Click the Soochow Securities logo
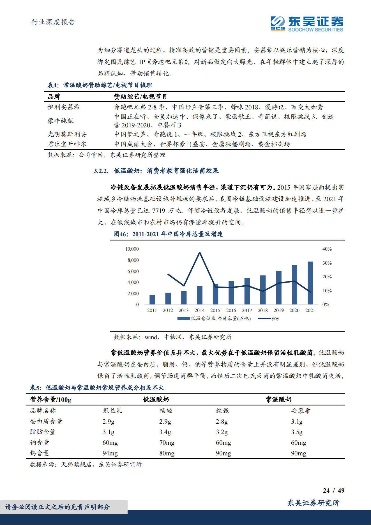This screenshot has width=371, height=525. pyautogui.click(x=307, y=24)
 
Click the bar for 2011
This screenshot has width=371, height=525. pyautogui.click(x=152, y=300)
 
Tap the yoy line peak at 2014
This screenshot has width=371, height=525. pyautogui.click(x=200, y=253)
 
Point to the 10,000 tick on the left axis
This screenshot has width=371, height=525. pyautogui.click(x=132, y=249)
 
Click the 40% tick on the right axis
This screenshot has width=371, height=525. pyautogui.click(x=327, y=249)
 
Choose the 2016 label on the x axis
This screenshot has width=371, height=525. pyautogui.click(x=231, y=310)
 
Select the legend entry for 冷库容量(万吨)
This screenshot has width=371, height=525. pyautogui.click(x=214, y=318)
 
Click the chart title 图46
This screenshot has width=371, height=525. pyautogui.click(x=169, y=234)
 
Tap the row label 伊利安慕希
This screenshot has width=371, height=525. pyautogui.click(x=64, y=107)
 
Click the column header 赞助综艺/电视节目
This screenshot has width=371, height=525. pyautogui.click(x=140, y=97)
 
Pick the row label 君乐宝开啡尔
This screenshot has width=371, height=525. pyautogui.click(x=67, y=144)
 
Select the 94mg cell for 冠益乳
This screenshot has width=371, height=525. pyautogui.click(x=110, y=453)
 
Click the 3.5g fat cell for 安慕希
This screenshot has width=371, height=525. pyautogui.click(x=297, y=432)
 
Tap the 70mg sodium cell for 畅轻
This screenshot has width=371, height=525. pyautogui.click(x=167, y=443)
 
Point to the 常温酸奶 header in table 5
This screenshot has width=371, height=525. pyautogui.click(x=278, y=399)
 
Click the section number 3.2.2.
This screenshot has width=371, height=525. pyautogui.click(x=101, y=171)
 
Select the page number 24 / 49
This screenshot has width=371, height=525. pyautogui.click(x=333, y=490)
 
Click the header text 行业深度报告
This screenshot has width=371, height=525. pyautogui.click(x=53, y=22)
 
